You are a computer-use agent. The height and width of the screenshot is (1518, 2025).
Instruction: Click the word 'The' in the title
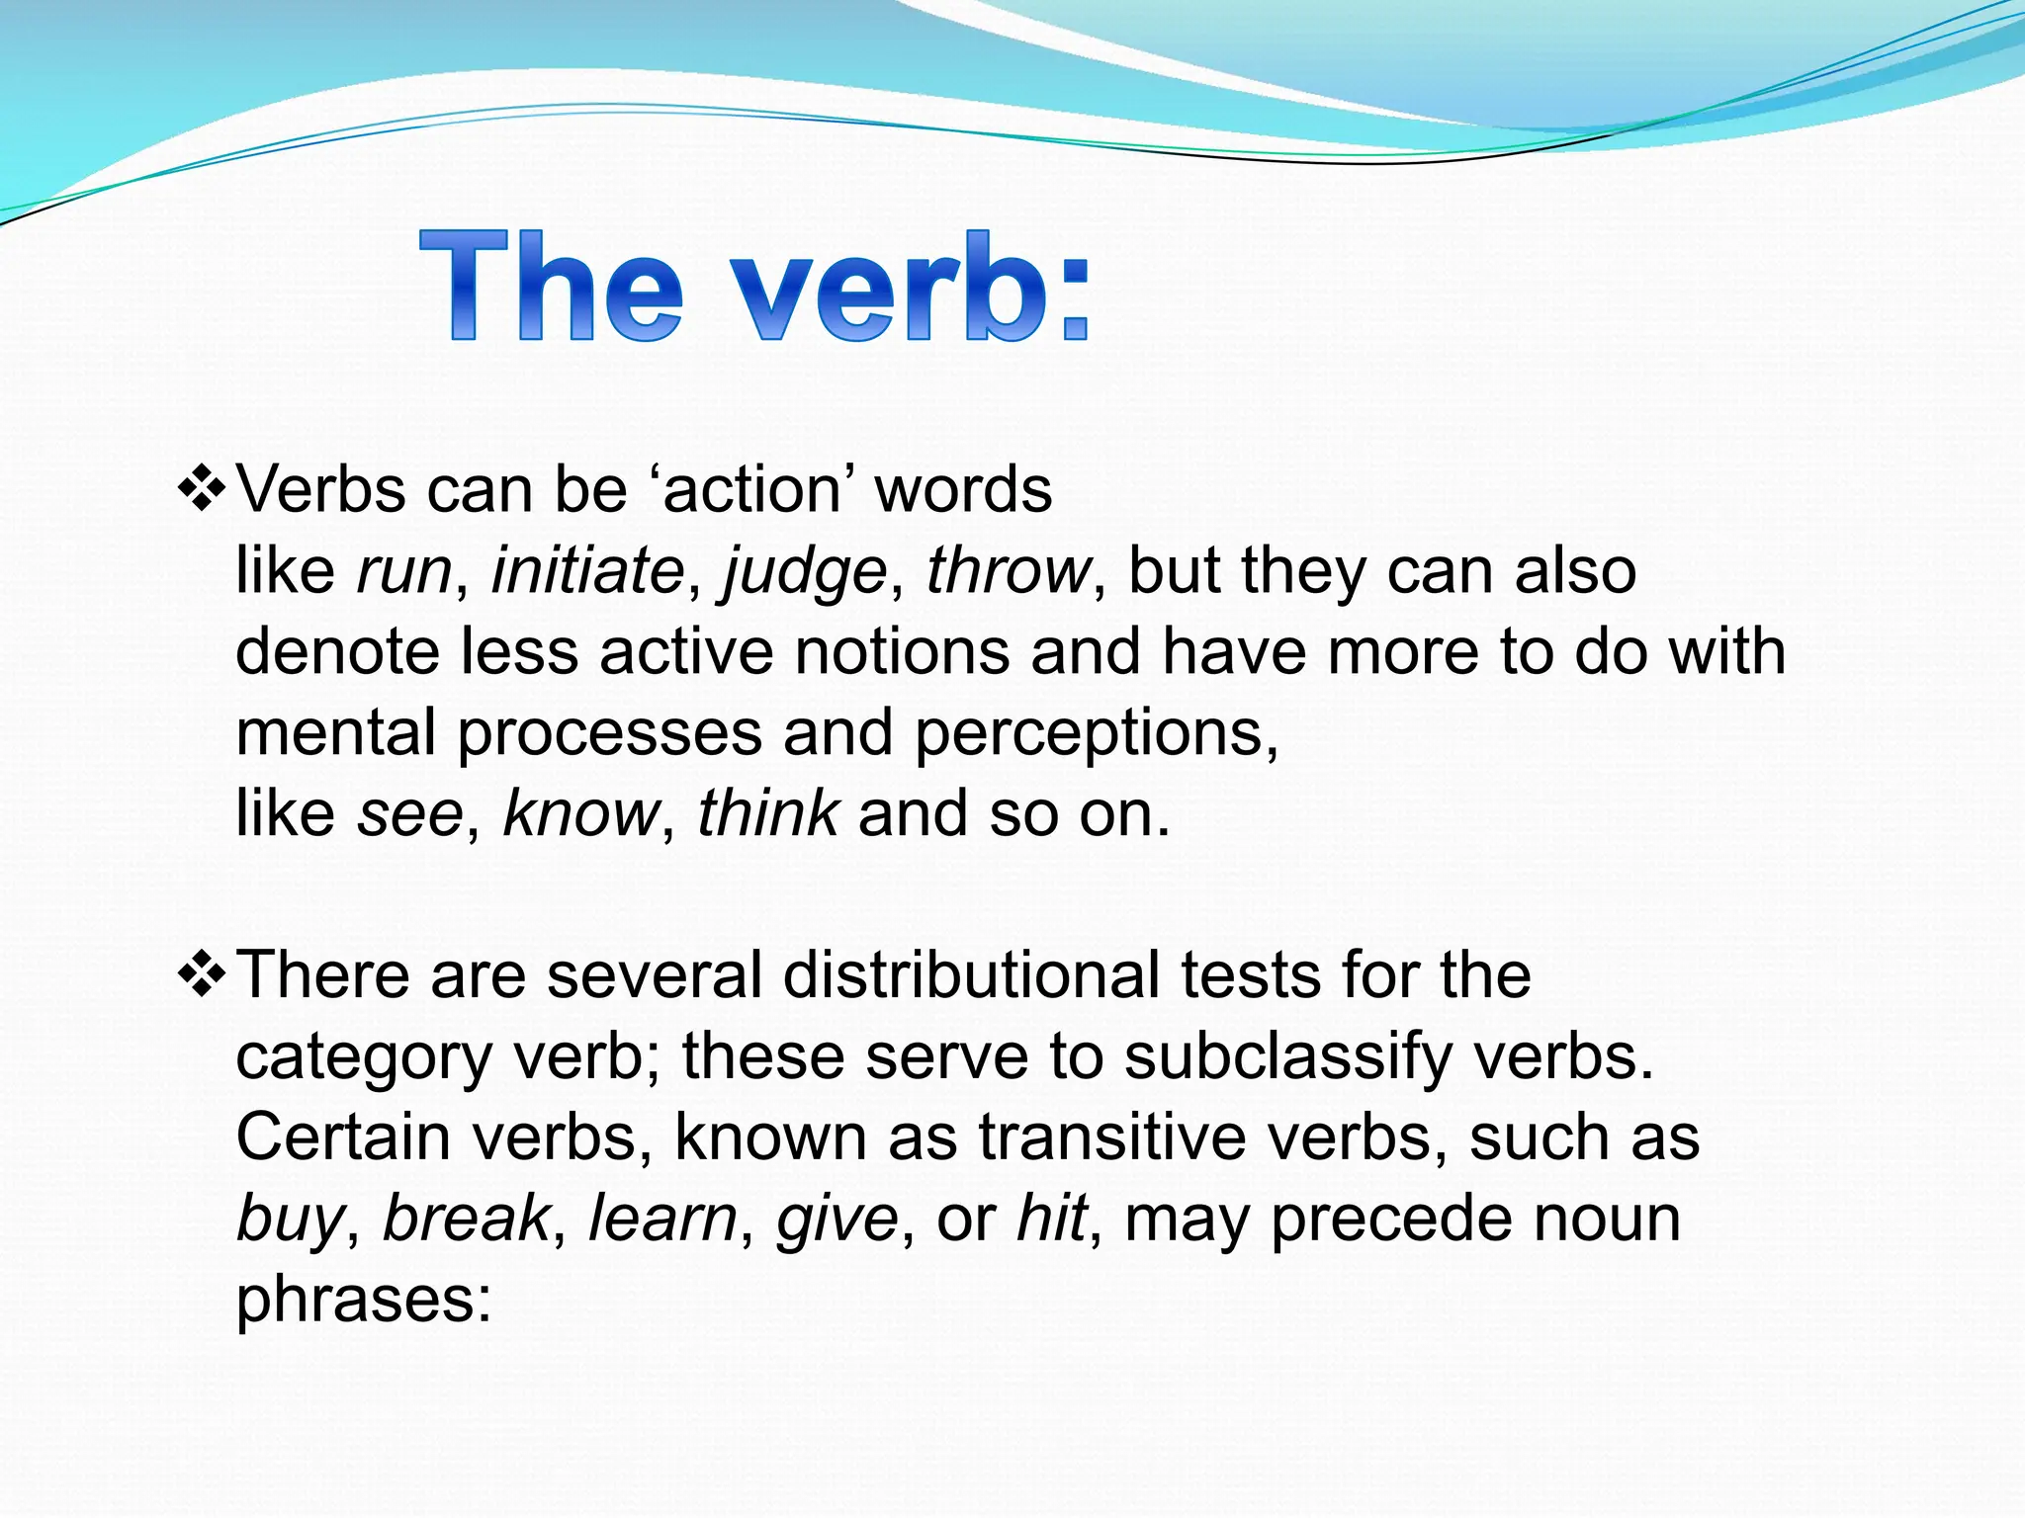point(550,287)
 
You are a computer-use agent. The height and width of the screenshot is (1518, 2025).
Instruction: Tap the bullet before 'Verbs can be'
point(202,490)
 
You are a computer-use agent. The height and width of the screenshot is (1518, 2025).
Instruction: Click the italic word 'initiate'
point(587,571)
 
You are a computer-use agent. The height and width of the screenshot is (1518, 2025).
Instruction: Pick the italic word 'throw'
point(1008,571)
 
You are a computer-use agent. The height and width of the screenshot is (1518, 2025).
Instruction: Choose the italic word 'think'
point(768,814)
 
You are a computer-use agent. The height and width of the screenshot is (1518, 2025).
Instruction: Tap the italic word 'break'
point(465,1219)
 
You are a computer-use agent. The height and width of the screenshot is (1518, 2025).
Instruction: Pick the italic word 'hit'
point(1052,1219)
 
